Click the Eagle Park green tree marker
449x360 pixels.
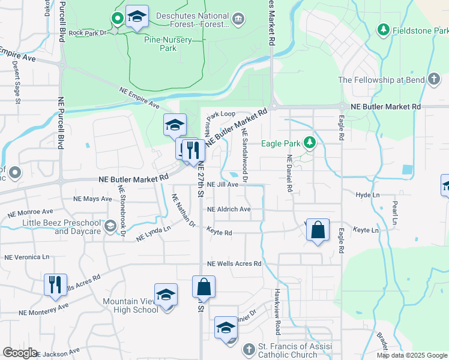tap(310, 143)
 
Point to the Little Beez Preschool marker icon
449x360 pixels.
tap(110, 226)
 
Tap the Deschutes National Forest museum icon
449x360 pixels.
tap(239, 20)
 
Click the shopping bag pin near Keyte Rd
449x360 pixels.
tap(318, 231)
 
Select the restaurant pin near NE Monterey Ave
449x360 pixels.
tap(55, 286)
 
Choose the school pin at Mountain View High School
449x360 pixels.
tap(166, 296)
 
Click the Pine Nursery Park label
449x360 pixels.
tap(168, 44)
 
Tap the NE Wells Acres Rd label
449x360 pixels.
tap(234, 263)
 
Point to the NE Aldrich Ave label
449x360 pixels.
tap(229, 209)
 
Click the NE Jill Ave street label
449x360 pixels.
tap(223, 185)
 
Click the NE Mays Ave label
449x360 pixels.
tap(92, 199)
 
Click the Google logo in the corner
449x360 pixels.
tap(20, 353)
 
